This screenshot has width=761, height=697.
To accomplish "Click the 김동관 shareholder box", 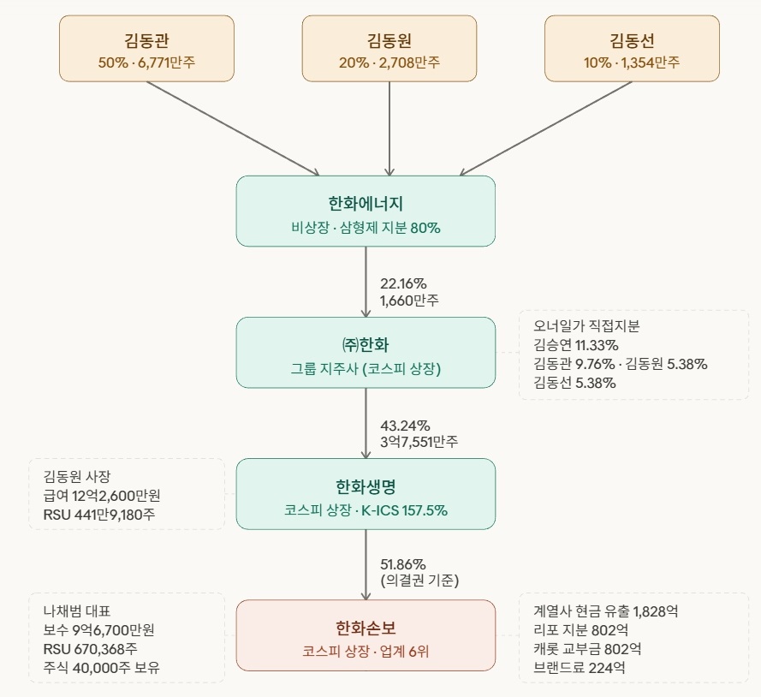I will (146, 49).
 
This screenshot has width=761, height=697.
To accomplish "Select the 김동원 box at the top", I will (389, 49).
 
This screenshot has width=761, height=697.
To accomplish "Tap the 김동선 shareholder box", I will (633, 49).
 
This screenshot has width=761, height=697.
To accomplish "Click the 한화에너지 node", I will (366, 211).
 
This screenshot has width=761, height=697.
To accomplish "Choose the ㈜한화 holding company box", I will (366, 353).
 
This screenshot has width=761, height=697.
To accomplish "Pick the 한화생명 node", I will (366, 494).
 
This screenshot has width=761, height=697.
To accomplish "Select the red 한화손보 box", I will (366, 635).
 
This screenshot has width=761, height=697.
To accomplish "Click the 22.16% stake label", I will (403, 283).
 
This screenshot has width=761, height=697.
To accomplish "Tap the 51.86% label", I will (403, 564).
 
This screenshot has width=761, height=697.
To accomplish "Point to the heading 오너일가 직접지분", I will (586, 326).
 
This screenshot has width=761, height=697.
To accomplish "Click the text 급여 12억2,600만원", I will (102, 495).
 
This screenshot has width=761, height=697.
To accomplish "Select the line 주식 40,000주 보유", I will (101, 668).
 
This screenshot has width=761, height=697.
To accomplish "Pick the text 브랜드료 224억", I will (579, 668).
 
